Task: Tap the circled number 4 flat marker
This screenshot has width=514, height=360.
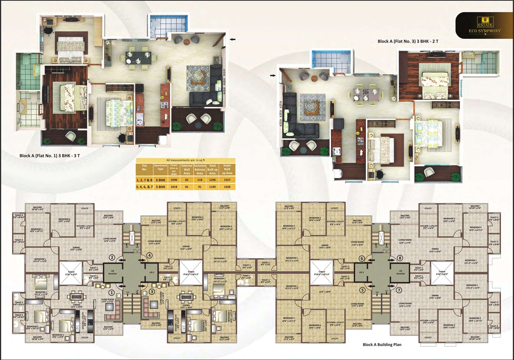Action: point(149,255)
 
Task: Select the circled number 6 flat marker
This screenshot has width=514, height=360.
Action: point(361,259)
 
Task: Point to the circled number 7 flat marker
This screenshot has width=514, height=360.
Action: point(399,290)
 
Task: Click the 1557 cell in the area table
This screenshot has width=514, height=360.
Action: point(227,180)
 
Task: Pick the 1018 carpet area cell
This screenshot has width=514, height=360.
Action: point(174,187)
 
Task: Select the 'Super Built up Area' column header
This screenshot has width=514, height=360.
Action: point(227,169)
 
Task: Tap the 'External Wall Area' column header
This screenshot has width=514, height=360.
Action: point(187,169)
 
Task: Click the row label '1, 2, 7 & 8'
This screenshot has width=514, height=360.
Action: point(144,180)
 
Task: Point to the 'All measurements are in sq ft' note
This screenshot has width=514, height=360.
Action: point(186,160)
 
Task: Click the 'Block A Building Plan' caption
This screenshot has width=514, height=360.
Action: point(382,345)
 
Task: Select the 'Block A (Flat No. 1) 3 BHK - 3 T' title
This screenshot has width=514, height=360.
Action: point(50,156)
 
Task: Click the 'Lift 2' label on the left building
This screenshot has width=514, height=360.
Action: point(151,272)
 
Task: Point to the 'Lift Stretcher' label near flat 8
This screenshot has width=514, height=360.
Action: point(401,272)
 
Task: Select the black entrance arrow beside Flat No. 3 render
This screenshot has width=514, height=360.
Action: point(273,76)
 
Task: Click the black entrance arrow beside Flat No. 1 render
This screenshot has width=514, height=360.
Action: point(233,39)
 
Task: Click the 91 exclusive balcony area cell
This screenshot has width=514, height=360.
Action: point(200,187)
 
